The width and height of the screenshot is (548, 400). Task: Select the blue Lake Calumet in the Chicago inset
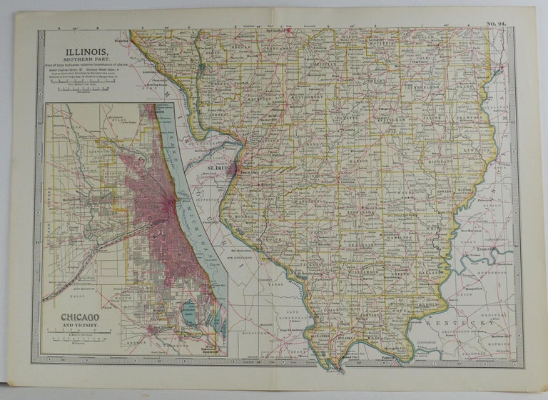pyautogui.click(x=187, y=311)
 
